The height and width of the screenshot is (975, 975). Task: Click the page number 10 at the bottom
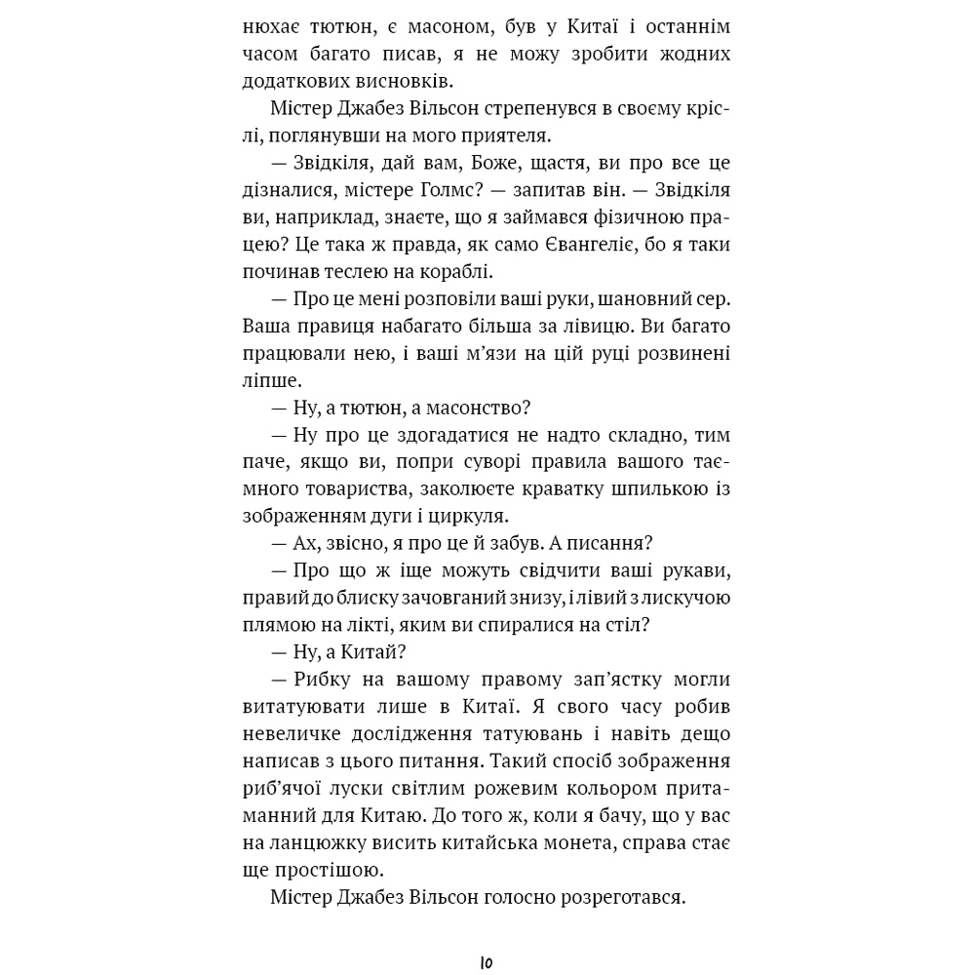tap(487, 962)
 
